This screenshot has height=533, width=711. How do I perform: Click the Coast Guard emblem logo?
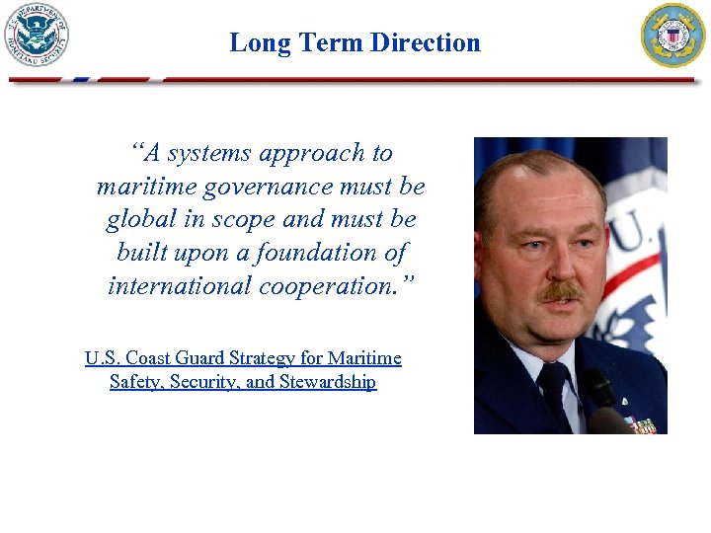673,36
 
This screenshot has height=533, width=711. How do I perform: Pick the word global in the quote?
138,219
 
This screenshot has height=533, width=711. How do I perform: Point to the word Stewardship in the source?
327,382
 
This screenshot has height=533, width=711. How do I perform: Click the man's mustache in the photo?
560,291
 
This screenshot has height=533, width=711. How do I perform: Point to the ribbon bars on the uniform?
642,425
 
